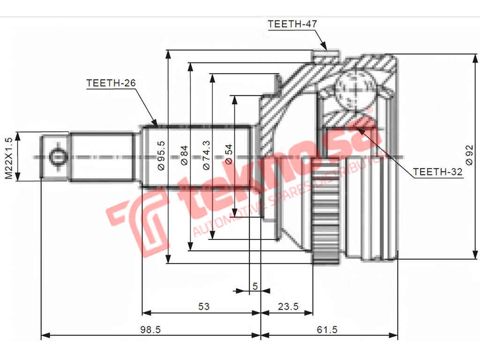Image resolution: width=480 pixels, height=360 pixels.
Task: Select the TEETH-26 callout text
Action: [111, 83]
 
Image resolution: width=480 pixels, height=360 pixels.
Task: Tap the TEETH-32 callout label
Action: [437, 172]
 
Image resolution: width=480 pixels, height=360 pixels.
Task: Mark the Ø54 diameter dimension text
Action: [228, 155]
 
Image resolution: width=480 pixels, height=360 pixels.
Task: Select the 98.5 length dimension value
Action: [150, 330]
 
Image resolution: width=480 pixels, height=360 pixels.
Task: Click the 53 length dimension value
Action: [203, 307]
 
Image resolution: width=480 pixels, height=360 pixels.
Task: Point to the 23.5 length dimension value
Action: [288, 307]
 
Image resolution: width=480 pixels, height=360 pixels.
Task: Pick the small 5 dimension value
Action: [255, 285]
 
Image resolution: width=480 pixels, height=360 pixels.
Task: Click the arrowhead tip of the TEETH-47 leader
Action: [326, 49]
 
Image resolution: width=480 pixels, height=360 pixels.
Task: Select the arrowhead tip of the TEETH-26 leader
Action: [157, 126]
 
